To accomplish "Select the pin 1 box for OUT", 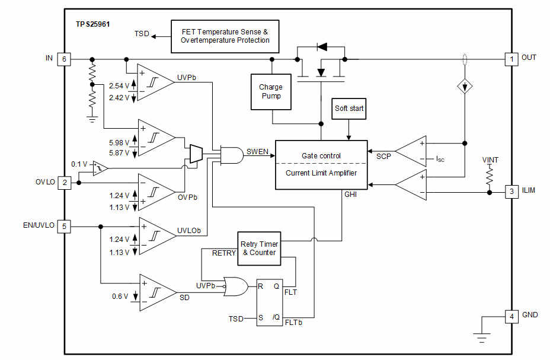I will click(x=510, y=59).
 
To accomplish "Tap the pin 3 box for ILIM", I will click(x=510, y=192).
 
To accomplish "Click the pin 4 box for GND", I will click(x=510, y=316).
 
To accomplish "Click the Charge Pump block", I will click(x=271, y=92).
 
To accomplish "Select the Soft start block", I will click(x=349, y=109).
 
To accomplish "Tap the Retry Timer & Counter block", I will click(x=259, y=248).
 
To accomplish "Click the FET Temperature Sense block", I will click(x=225, y=36).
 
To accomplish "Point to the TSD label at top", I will click(x=142, y=34).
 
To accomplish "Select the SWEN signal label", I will click(x=257, y=152).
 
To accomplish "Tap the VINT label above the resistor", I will click(x=490, y=160).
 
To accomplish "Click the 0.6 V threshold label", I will click(x=120, y=297).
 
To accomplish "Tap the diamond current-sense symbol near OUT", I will click(x=465, y=86).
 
